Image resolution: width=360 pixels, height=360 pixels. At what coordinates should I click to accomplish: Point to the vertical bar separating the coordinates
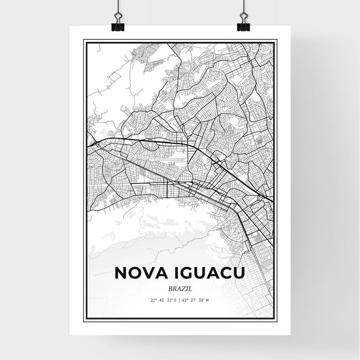click(180, 300)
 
